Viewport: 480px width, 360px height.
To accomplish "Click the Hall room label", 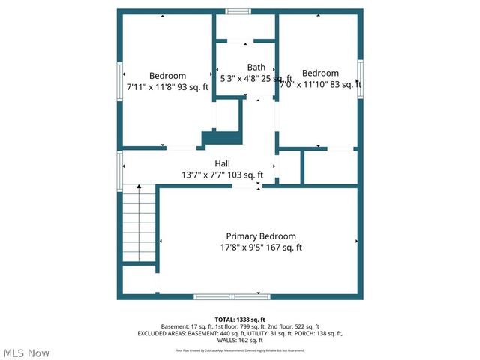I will coord(223,163).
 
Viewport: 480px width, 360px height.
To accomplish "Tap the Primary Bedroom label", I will coord(261,236).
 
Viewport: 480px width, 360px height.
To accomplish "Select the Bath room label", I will coord(256,67).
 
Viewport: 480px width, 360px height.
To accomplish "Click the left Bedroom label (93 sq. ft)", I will coord(167,76).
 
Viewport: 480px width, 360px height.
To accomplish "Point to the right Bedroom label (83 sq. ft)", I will coord(320,73).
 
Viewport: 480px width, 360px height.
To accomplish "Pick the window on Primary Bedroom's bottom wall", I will coord(231,296).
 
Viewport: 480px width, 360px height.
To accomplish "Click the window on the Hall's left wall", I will coord(119,171).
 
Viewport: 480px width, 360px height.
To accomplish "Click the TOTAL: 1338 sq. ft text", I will coord(240,319).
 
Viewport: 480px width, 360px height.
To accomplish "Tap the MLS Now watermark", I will coord(26,352).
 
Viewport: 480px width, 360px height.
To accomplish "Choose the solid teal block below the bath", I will coord(223,137).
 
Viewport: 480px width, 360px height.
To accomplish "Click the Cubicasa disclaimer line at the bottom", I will coord(240,350).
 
